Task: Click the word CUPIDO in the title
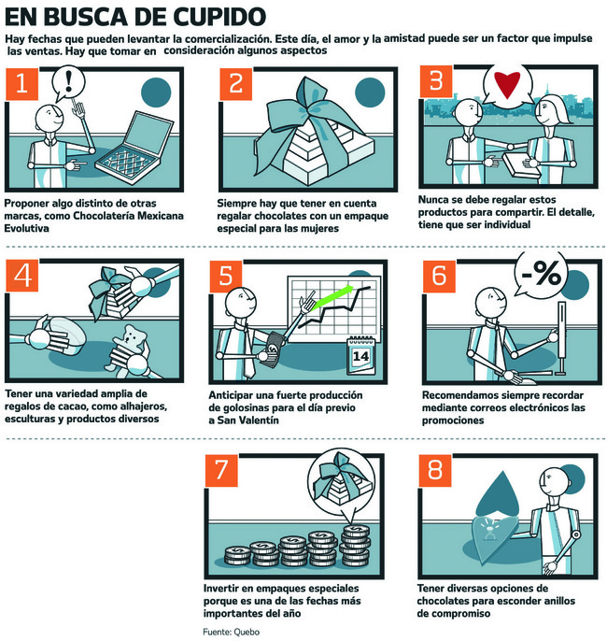(219, 17)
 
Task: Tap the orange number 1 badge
(21, 84)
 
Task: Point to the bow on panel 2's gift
(311, 109)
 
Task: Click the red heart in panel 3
(507, 84)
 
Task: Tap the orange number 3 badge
(436, 80)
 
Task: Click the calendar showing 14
(360, 355)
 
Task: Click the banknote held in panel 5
(273, 349)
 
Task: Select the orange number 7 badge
(221, 470)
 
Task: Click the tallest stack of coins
(355, 546)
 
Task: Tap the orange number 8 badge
(434, 470)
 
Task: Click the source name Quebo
(246, 632)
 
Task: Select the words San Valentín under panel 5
(248, 420)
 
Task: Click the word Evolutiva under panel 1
(26, 228)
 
